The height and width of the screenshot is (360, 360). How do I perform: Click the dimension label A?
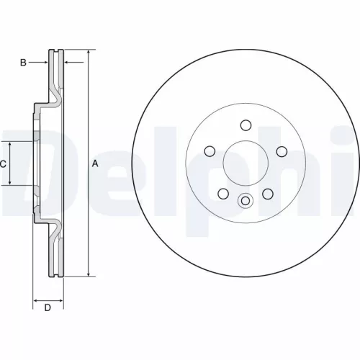95,164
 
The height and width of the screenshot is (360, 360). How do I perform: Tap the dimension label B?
23,63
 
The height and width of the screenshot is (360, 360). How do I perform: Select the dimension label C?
3,164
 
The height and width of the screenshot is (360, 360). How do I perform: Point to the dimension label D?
48,309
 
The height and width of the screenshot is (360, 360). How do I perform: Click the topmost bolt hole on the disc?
245,124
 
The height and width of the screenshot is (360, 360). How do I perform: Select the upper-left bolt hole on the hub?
210,150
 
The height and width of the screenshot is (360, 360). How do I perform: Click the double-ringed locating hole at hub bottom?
245,201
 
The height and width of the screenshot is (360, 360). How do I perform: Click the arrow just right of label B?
44,63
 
